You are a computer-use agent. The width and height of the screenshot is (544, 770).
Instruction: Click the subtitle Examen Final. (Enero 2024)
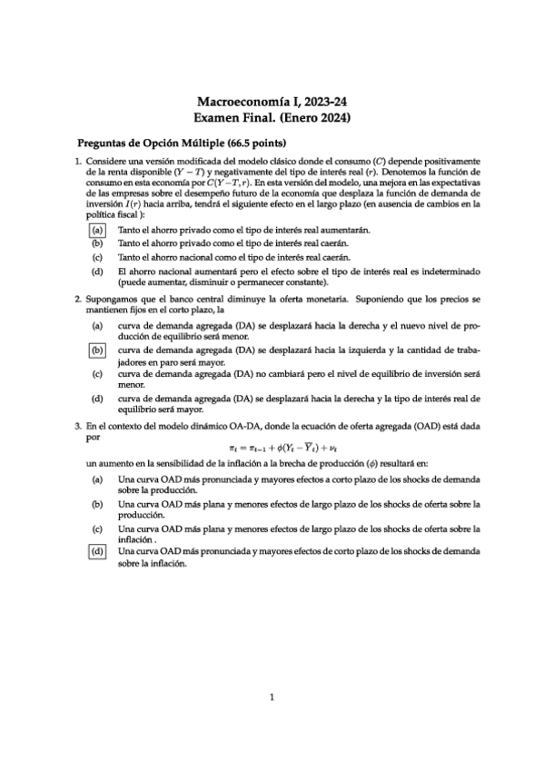pyautogui.click(x=272, y=118)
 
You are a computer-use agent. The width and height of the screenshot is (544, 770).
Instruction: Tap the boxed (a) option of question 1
pyautogui.click(x=96, y=232)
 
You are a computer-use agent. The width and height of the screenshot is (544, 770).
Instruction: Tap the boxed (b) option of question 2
pyautogui.click(x=96, y=349)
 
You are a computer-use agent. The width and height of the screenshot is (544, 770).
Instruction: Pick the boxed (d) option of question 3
pyautogui.click(x=96, y=551)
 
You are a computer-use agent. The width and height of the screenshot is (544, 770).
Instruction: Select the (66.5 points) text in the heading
pyautogui.click(x=261, y=143)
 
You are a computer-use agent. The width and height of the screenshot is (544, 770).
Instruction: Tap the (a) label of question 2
pyautogui.click(x=96, y=324)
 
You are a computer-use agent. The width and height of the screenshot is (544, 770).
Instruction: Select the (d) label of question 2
pyautogui.click(x=96, y=399)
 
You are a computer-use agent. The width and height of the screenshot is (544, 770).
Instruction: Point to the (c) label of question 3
pyautogui.click(x=96, y=527)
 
